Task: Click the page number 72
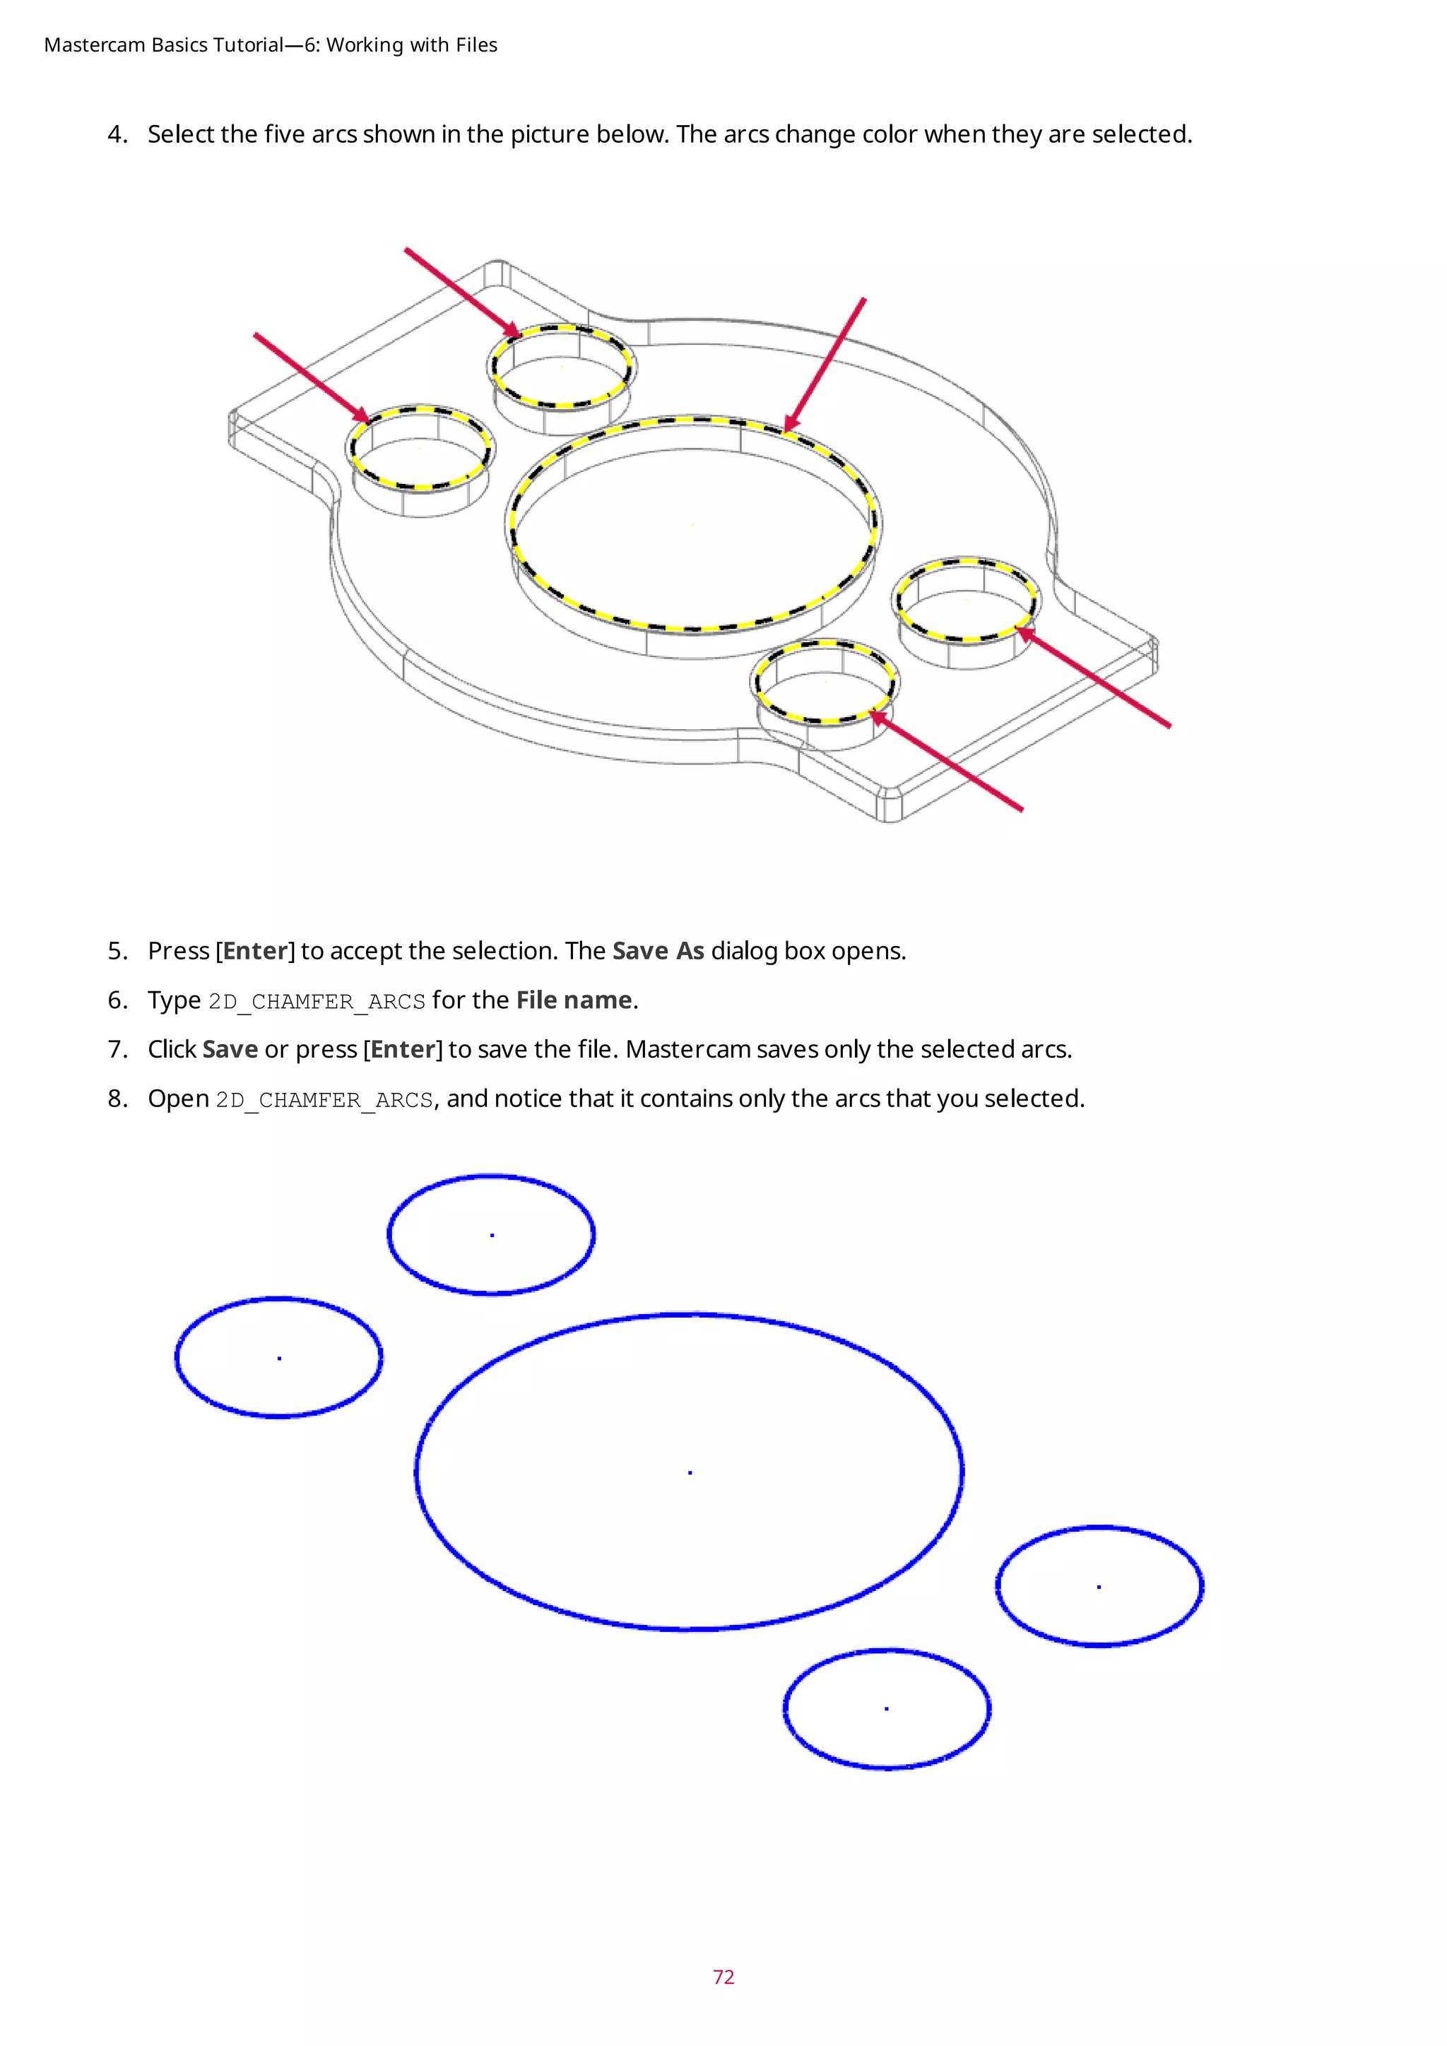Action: [723, 1977]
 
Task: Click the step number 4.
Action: [117, 134]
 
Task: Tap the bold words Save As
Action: [658, 951]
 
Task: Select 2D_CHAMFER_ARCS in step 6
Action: [317, 1002]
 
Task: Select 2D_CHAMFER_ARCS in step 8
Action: [324, 1099]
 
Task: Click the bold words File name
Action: [574, 1000]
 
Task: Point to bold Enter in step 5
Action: [256, 951]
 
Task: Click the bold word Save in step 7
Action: [230, 1050]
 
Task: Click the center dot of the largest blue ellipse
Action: [690, 1473]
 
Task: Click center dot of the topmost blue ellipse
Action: [492, 1235]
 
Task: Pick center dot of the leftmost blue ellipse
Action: [280, 1358]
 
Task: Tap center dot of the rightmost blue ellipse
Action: [1099, 1587]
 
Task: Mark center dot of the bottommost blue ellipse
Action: [887, 1708]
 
